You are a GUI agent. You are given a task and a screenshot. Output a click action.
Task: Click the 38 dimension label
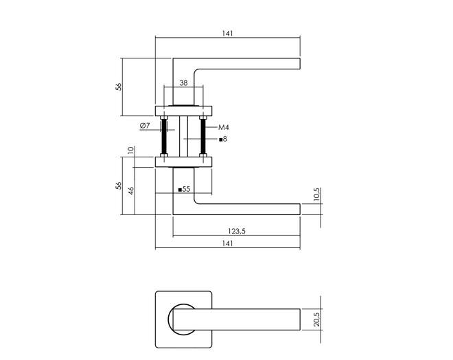183,83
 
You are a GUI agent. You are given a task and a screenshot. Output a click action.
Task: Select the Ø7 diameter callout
145,126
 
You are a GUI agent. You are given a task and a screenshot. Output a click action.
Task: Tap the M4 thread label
224,127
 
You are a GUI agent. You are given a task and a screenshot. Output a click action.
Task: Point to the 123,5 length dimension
237,231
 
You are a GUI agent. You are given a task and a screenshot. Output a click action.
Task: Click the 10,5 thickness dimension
316,194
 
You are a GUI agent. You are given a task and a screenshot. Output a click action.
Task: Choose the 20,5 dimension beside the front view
316,319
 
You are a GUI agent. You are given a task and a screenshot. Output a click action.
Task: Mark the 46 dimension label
131,191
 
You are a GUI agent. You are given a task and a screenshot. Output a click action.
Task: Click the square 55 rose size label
185,189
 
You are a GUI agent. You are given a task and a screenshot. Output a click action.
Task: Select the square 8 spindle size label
223,139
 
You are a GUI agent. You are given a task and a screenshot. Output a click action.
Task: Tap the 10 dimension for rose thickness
131,150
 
